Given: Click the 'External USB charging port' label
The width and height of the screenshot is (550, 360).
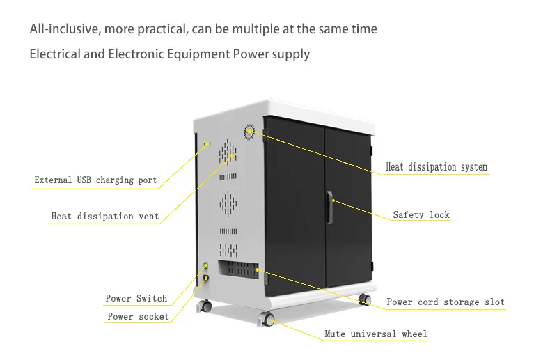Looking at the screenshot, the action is [96, 180].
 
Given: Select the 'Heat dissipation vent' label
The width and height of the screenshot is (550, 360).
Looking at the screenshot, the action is [105, 216].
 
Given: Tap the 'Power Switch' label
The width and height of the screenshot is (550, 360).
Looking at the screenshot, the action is [136, 299].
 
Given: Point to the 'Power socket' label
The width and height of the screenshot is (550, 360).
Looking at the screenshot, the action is [138, 317].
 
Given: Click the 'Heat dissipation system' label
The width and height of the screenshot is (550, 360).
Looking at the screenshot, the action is [437, 167].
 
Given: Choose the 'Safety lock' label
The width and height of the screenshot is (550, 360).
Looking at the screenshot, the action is [421, 214].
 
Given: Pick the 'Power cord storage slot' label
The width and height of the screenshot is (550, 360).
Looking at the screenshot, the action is [446, 302].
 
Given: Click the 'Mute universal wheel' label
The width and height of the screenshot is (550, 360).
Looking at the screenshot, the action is [376, 334].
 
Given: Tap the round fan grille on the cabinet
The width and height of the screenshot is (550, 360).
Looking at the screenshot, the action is [249, 130].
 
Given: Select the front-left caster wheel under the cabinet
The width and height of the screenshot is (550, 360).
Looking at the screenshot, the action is [268, 320].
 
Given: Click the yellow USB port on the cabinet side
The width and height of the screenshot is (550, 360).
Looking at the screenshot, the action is [206, 144].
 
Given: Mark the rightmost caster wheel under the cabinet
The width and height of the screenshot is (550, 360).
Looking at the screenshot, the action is [364, 299].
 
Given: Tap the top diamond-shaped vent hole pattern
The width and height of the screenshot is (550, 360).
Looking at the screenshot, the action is [228, 148].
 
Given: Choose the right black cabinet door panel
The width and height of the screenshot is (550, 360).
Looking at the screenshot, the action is [349, 202].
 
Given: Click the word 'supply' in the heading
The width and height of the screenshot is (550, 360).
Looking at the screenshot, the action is [292, 54].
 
